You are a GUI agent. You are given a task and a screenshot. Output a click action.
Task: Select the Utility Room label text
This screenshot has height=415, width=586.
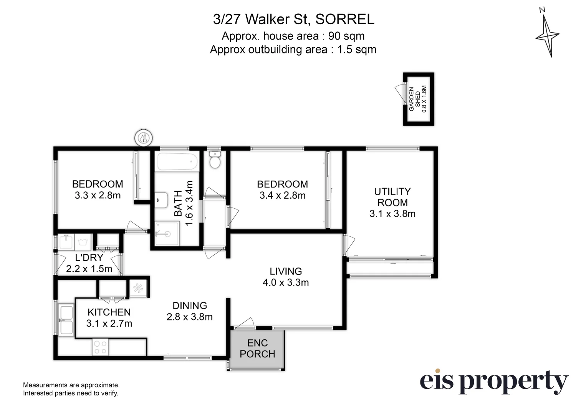(x=392, y=197)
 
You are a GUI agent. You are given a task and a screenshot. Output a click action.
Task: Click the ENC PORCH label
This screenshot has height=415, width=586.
(x=257, y=349)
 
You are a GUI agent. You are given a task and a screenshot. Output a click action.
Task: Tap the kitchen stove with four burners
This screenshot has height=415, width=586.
(x=101, y=347)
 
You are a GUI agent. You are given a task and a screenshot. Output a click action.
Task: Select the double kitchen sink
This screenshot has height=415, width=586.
(x=66, y=319)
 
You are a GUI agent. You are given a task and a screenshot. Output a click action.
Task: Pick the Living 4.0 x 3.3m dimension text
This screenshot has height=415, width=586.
(x=285, y=282)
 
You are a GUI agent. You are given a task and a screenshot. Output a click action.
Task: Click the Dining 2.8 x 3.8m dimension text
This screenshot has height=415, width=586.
(x=189, y=317)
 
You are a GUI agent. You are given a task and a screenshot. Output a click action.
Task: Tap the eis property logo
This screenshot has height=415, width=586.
(x=493, y=382)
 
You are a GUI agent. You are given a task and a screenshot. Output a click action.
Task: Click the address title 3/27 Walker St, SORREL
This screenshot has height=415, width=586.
(x=293, y=19)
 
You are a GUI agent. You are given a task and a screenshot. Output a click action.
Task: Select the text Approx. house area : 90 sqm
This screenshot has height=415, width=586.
(x=293, y=36)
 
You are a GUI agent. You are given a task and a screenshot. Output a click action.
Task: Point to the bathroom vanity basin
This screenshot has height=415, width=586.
(x=161, y=200)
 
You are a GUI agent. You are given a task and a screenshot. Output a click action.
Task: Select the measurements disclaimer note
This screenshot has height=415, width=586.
(x=71, y=389)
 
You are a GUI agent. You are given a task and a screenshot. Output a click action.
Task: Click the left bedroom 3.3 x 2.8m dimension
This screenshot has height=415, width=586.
(x=98, y=195)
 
